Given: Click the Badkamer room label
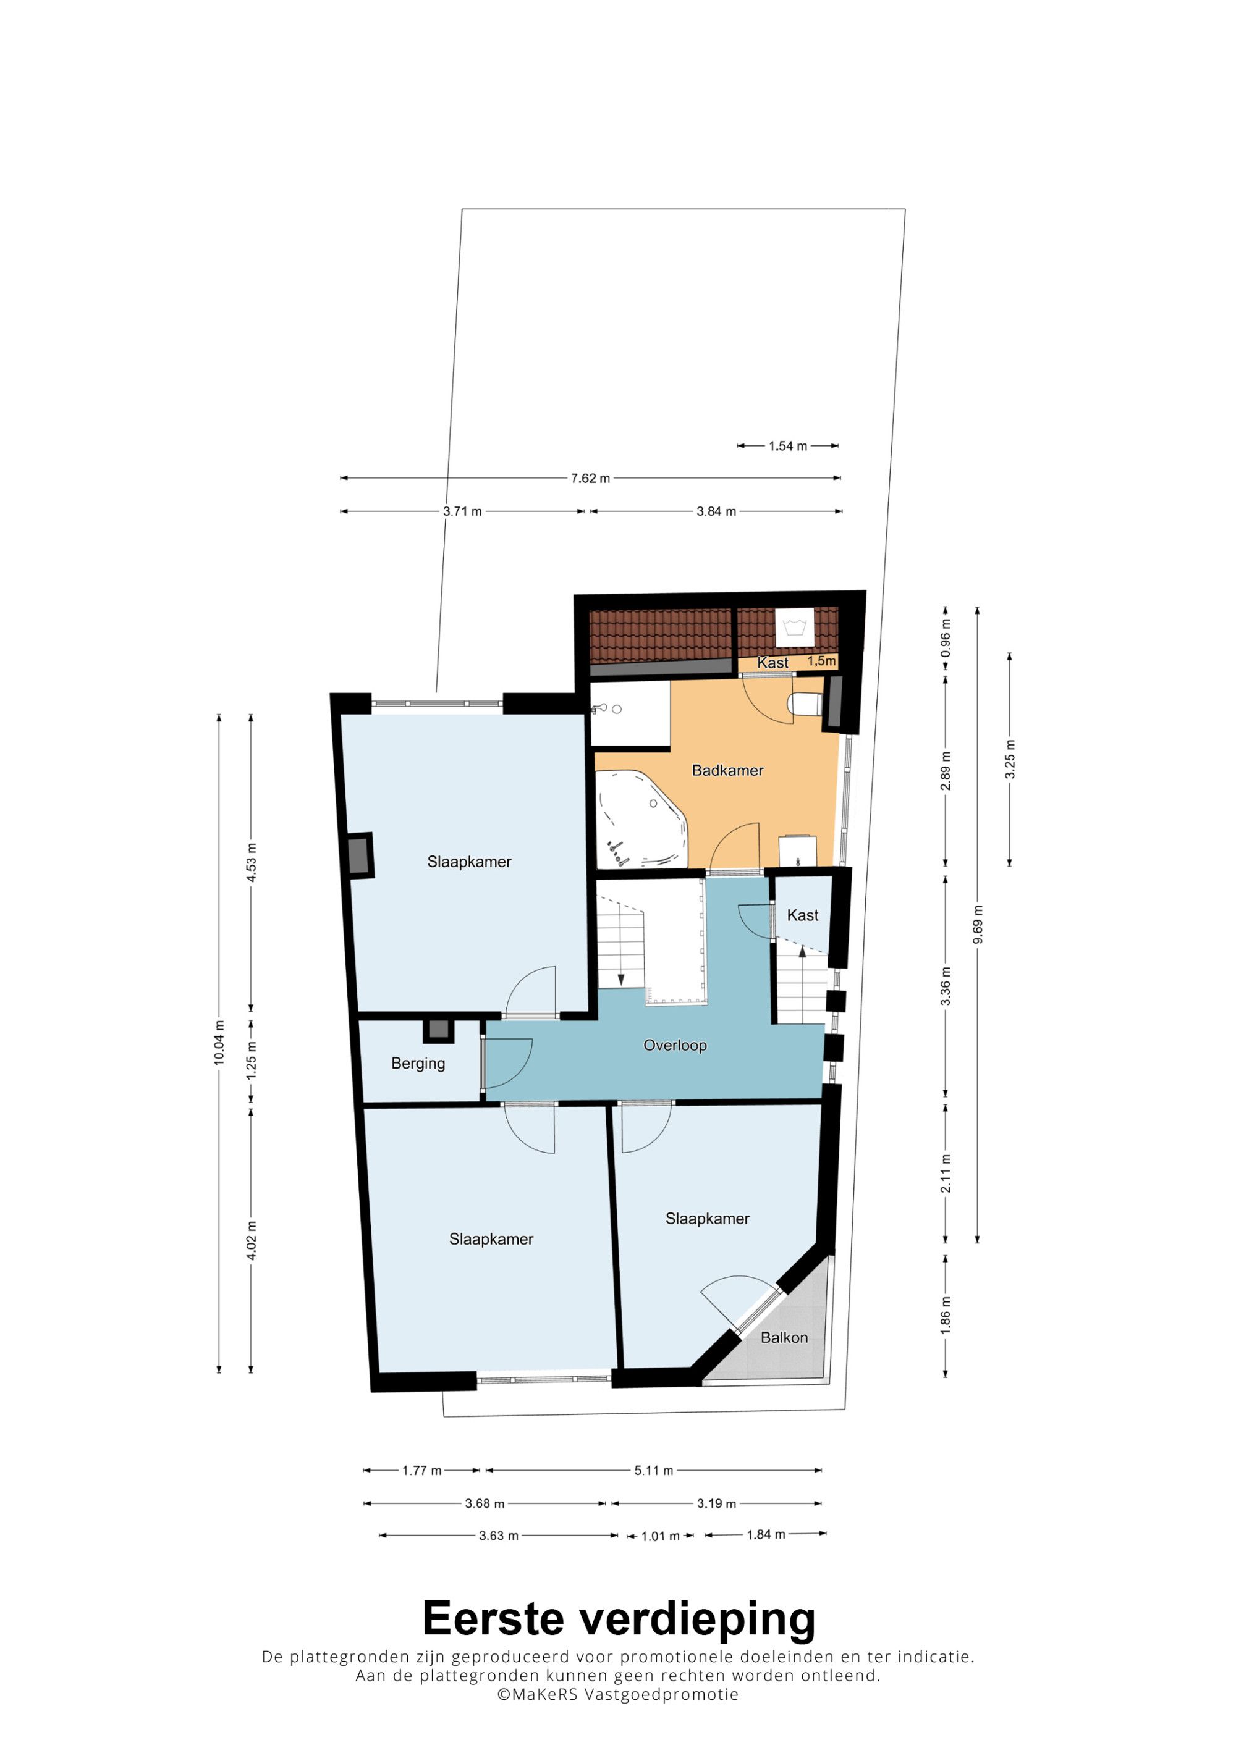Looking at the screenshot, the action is click(727, 770).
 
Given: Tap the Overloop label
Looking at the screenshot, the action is click(675, 1045).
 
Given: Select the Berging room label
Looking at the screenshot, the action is click(418, 1064).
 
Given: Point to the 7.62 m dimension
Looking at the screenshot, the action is click(590, 478).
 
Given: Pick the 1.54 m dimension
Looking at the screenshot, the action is click(787, 446).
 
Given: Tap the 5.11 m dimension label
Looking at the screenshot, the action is click(653, 1470).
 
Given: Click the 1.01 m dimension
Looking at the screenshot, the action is click(660, 1536).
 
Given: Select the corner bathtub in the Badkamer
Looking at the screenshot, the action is click(641, 819).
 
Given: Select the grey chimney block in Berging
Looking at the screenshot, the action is click(438, 1030).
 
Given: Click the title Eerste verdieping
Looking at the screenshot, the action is click(619, 1618).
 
